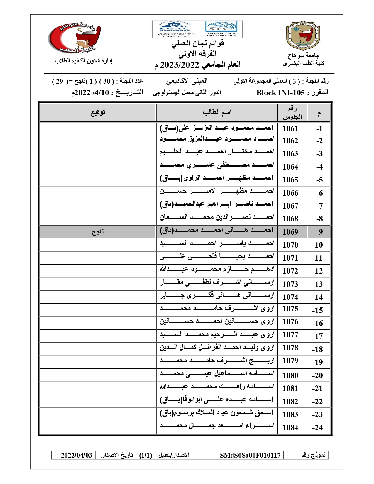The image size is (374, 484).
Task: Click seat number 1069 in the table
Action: pos(290,232)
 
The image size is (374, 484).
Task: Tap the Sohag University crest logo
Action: pos(303,35)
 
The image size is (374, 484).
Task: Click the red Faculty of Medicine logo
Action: pos(75,38)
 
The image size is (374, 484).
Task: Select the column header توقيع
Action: pos(98,112)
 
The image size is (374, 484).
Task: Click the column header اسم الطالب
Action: pos(217,112)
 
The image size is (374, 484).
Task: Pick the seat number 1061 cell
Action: pos(290,129)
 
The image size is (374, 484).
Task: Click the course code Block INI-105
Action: pos(280,93)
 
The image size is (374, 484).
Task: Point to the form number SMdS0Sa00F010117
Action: pos(250,455)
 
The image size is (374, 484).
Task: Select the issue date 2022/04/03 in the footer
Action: pos(77,455)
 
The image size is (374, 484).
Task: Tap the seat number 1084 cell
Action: pos(290,428)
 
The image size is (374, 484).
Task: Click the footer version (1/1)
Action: pos(145,455)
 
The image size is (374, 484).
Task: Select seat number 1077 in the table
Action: pos(290,335)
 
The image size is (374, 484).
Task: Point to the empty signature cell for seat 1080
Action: pos(98,375)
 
